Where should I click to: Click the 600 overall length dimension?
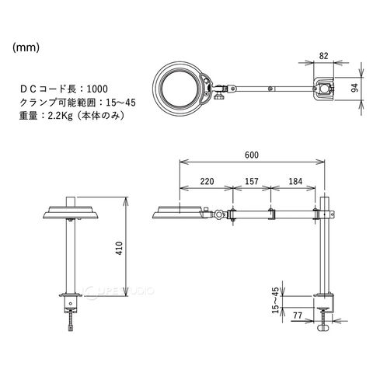pos(252,155)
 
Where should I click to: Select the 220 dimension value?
pos(207,181)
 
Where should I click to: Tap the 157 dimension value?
pos(252,181)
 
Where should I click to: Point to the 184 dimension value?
pos(295,181)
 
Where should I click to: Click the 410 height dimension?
pos(119,248)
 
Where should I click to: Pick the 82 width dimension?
pos(323,56)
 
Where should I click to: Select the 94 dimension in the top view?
pos(354,88)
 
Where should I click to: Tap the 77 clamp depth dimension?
pos(298,315)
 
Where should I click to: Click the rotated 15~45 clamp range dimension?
pos(275,300)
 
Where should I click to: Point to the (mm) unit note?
pos(26,47)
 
